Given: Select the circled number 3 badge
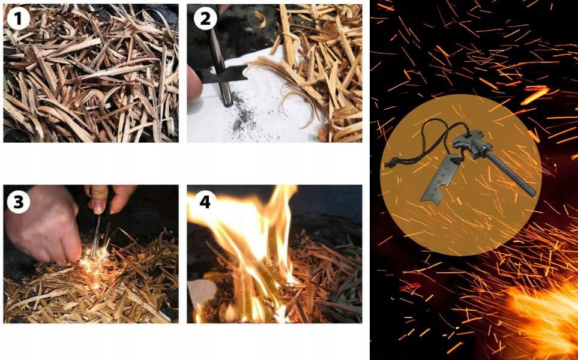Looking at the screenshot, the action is pyautogui.click(x=18, y=202).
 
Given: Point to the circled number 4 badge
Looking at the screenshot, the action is pyautogui.click(x=205, y=202).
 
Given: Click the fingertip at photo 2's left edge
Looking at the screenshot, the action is pyautogui.click(x=194, y=83).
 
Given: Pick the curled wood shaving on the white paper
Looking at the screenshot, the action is pyautogui.click(x=295, y=103).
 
